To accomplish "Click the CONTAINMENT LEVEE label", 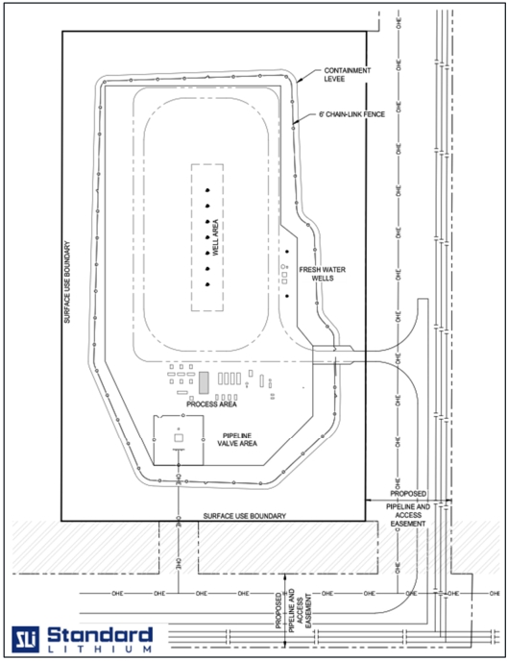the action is tap(347, 75).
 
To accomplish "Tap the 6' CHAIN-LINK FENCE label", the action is tap(351, 114).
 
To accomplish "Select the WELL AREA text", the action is tap(215, 237).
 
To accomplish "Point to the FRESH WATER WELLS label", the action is tap(323, 274).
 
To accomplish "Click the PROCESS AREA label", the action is tap(211, 404).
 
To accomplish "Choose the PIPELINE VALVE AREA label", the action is tap(237, 439).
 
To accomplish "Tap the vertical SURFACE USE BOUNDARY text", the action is tap(67, 282).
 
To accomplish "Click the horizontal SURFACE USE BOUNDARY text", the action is tap(244, 516).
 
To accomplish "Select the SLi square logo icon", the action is tap(25, 639).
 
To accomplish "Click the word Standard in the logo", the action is tap(100, 635).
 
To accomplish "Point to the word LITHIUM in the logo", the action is tap(100, 649).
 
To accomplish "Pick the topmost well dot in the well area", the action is tap(207, 190).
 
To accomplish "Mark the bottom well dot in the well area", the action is tap(207, 284).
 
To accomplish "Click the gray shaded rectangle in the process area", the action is tap(204, 382).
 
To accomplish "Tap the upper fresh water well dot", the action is tap(287, 252).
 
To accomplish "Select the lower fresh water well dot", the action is tap(287, 296).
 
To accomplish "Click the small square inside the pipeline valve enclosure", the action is tap(179, 438).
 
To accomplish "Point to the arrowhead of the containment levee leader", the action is tap(299, 80).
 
